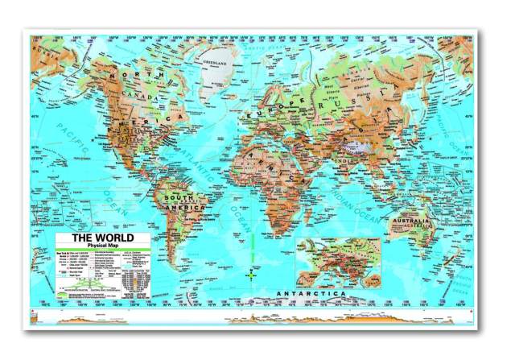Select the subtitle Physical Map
tap(103, 247)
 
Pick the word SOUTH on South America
tap(178, 198)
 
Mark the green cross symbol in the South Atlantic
tap(250, 275)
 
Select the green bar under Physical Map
tap(102, 253)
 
